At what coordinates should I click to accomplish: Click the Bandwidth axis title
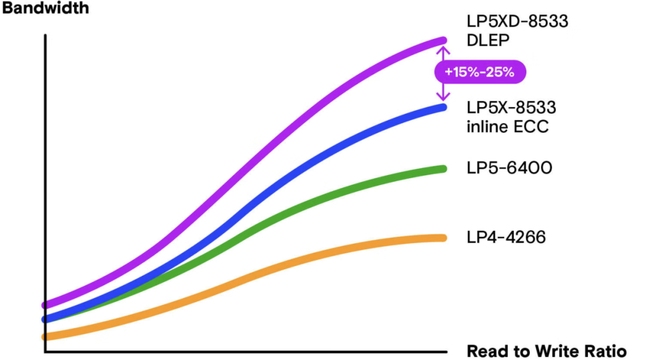[x=45, y=8]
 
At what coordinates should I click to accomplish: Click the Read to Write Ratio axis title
[x=546, y=352]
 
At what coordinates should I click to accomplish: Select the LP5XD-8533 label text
[x=517, y=22]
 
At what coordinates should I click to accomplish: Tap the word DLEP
[x=488, y=41]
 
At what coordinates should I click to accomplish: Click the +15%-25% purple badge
[x=480, y=72]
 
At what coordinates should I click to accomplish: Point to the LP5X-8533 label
[x=511, y=108]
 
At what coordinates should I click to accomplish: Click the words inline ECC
[x=508, y=126]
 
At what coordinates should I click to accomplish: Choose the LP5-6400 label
[x=509, y=168]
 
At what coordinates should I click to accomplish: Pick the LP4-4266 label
[x=506, y=237]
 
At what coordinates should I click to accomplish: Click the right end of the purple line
[x=444, y=41]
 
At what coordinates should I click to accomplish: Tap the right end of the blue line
[x=444, y=108]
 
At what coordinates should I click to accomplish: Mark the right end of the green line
[x=444, y=169]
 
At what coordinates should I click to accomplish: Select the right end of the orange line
[x=444, y=238]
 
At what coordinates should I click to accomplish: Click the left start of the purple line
[x=44, y=305]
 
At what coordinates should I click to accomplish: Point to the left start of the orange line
[x=44, y=337]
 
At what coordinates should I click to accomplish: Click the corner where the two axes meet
[x=45, y=352]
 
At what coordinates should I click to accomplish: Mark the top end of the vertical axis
[x=45, y=35]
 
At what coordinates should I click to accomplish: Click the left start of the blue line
[x=44, y=319]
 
